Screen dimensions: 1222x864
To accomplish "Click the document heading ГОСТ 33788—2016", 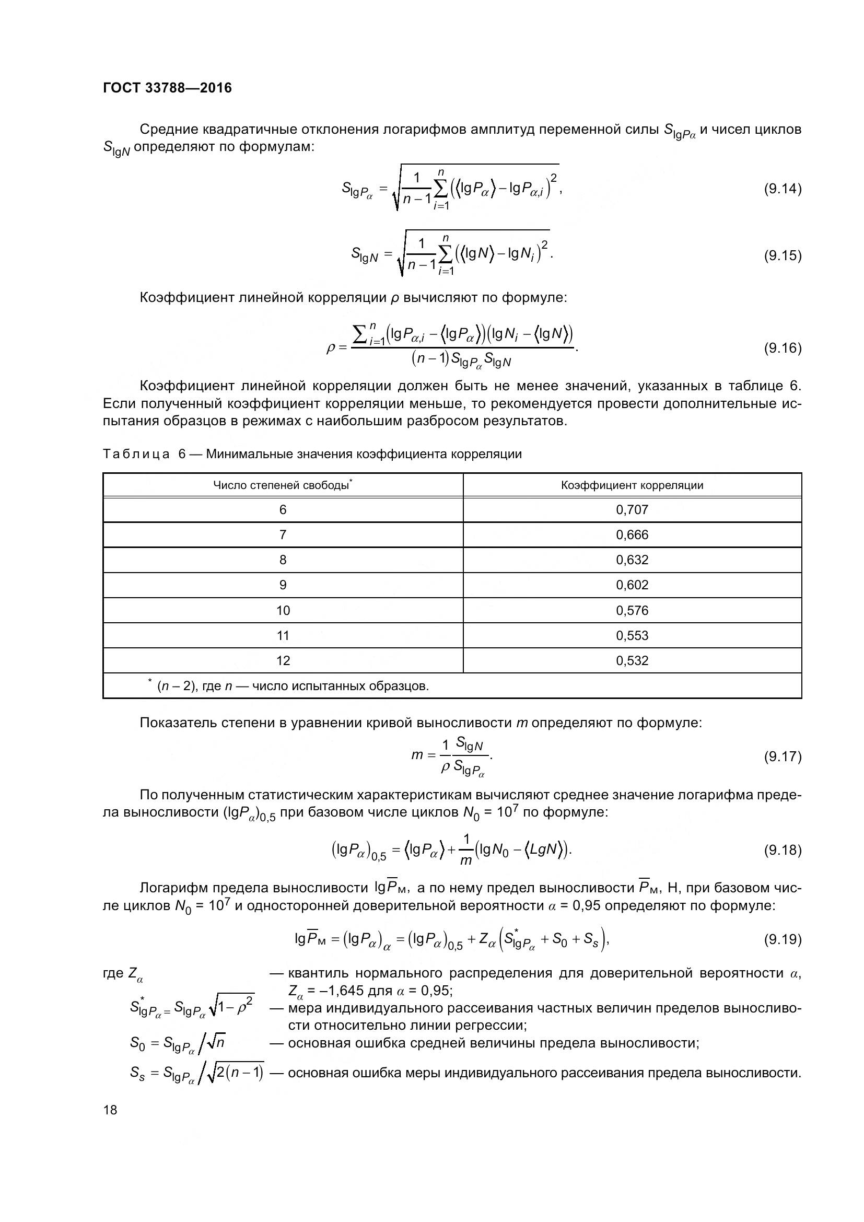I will (168, 88).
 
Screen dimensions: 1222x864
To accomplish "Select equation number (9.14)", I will (782, 189).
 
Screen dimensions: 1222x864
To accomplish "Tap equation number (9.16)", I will (782, 348).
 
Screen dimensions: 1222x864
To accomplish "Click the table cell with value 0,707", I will (632, 510).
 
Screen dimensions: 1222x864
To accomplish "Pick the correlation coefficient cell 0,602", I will (632, 586).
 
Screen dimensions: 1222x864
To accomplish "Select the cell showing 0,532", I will (632, 661).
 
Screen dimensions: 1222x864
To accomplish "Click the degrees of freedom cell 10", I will (283, 610).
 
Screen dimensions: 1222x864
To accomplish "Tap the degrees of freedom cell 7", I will (283, 535).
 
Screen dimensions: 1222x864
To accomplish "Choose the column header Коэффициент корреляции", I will (632, 485).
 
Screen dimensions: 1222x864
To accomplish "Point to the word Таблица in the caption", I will (136, 454).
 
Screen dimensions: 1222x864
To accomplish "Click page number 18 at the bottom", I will (110, 1110).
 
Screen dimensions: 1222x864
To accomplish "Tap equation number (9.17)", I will (782, 757).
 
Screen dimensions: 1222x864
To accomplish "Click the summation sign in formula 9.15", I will (446, 254).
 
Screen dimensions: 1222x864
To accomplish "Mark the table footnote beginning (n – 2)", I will (293, 686).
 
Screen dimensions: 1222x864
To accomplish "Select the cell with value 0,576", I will (632, 610).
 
